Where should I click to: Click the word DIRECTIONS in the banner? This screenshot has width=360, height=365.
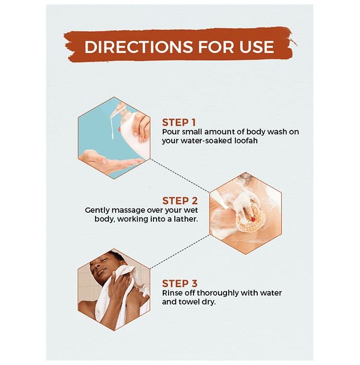[139, 47]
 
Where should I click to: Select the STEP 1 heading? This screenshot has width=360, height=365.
[179, 123]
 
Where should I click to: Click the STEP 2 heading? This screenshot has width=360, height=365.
[180, 201]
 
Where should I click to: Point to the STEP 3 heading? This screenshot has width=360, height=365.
[180, 284]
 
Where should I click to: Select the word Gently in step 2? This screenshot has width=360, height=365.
[97, 211]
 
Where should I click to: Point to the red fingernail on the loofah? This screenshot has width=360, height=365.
[253, 219]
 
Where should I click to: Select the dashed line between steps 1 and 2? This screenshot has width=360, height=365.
[179, 176]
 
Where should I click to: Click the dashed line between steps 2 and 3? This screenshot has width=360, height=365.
[179, 252]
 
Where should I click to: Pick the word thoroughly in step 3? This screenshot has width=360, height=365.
[218, 293]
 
